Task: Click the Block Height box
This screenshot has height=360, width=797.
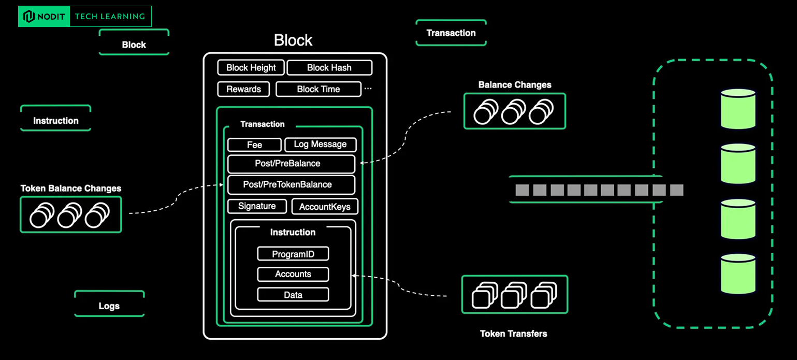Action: tap(251, 68)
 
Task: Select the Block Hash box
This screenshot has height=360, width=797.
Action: tap(329, 68)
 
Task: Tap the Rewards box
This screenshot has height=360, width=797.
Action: tap(243, 89)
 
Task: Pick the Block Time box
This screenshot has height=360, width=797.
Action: tap(318, 89)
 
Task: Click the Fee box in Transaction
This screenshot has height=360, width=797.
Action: tap(254, 145)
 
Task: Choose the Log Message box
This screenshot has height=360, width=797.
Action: tap(320, 145)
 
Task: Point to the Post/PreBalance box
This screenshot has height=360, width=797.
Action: tap(291, 164)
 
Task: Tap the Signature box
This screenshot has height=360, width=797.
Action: tap(257, 206)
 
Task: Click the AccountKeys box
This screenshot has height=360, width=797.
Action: tap(325, 207)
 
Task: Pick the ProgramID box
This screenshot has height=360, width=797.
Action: tap(293, 254)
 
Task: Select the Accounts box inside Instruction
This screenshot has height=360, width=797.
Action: tap(293, 274)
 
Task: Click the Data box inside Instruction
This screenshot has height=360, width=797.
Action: tap(293, 295)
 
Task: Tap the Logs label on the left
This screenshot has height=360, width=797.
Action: tap(109, 306)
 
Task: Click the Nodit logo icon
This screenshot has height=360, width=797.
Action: tap(29, 17)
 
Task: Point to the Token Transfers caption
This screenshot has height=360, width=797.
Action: tap(513, 334)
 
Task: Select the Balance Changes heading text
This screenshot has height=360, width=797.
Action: tap(514, 85)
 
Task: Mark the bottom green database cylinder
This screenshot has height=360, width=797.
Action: tap(738, 273)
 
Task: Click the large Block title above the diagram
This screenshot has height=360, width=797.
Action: tap(293, 40)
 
